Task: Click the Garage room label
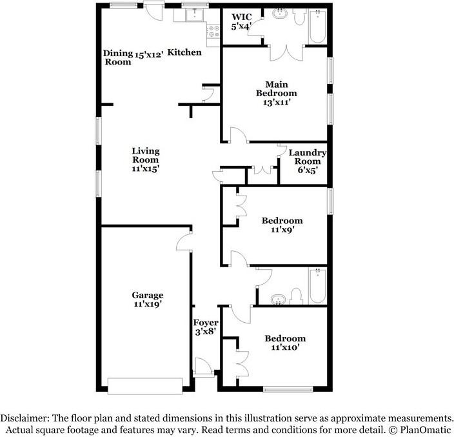(x=148, y=295)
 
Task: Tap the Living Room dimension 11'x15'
(x=146, y=169)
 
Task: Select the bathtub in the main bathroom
(x=317, y=26)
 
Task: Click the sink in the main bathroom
(x=281, y=14)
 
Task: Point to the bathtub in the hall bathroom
(x=317, y=286)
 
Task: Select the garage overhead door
(x=145, y=386)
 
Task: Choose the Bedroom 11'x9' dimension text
(x=282, y=229)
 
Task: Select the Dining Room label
(x=117, y=57)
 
